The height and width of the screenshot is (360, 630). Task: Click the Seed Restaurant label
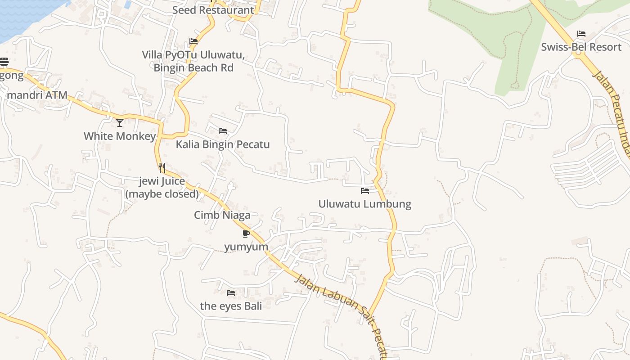pyautogui.click(x=213, y=10)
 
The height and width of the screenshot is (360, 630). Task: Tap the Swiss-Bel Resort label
pyautogui.click(x=581, y=47)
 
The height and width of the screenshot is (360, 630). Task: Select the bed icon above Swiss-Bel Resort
pyautogui.click(x=581, y=34)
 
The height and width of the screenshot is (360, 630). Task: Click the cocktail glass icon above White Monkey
pyautogui.click(x=120, y=122)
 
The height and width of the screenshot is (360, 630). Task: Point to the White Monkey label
pyautogui.click(x=120, y=136)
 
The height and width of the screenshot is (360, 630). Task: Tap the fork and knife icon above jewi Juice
pyautogui.click(x=162, y=168)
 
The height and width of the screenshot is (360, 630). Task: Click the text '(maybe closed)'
pyautogui.click(x=162, y=194)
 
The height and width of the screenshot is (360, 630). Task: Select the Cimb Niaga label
pyautogui.click(x=222, y=215)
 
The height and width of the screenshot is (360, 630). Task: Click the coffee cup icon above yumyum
pyautogui.click(x=246, y=234)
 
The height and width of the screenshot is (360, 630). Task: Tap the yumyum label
pyautogui.click(x=246, y=247)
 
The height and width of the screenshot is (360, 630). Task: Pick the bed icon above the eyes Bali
pyautogui.click(x=231, y=293)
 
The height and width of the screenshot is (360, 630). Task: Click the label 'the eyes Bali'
pyautogui.click(x=231, y=306)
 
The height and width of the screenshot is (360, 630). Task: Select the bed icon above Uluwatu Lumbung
pyautogui.click(x=365, y=191)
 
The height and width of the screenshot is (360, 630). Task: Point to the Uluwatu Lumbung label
pyautogui.click(x=365, y=204)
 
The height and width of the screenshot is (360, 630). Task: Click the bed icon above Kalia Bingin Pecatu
pyautogui.click(x=223, y=131)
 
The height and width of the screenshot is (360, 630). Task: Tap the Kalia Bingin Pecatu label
pyautogui.click(x=223, y=144)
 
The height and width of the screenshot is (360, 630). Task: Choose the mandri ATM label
pyautogui.click(x=37, y=95)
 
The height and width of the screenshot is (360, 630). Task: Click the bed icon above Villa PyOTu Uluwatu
pyautogui.click(x=193, y=41)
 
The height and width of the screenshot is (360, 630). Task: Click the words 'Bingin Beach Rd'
pyautogui.click(x=193, y=68)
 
